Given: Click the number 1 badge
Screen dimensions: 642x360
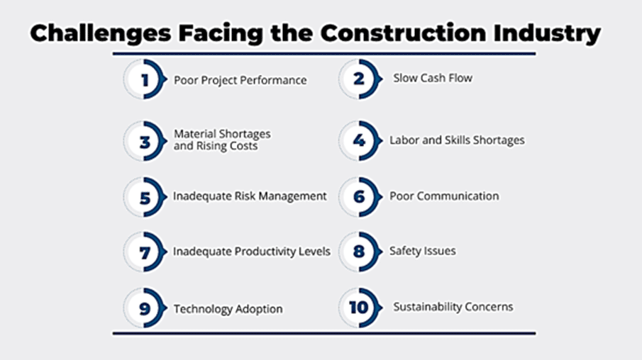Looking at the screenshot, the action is tap(145, 79).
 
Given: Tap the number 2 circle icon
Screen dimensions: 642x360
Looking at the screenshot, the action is tap(360, 79).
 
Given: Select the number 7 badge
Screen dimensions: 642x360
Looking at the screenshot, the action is tap(145, 252).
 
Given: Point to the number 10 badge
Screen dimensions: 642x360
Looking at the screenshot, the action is tap(360, 308).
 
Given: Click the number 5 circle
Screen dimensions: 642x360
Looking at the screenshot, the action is tap(145, 197).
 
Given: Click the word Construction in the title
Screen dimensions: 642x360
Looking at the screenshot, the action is tap(403, 33).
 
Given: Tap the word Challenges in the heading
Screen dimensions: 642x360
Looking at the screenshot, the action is tap(101, 34).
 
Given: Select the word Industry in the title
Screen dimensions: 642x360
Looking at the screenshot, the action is tap(547, 34).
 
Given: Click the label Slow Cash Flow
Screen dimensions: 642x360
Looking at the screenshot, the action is tap(433, 78).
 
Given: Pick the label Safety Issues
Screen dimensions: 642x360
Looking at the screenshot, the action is tap(423, 251).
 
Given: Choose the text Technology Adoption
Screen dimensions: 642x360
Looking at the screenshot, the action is tap(228, 309).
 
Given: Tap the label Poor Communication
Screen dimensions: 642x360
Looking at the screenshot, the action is tap(444, 196).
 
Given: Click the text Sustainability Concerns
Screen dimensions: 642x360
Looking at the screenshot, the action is tap(453, 307).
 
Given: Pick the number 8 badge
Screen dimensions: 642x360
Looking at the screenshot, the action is tap(360, 252).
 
